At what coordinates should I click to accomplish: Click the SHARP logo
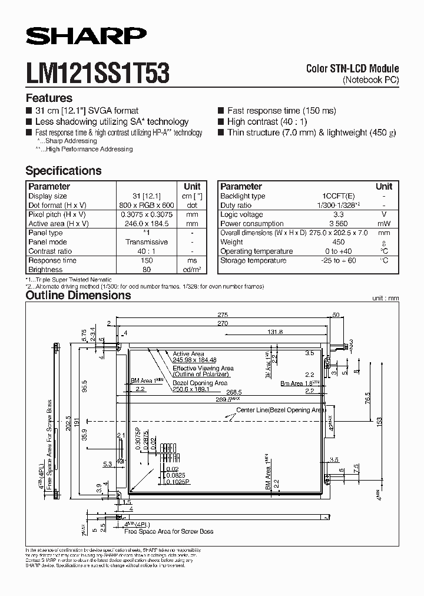pos(86,37)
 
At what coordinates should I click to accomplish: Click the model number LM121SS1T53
pos(98,75)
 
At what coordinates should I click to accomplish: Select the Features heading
pos(49,98)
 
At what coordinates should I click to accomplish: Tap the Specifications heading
pos(64,171)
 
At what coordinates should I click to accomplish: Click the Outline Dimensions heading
pos(78,295)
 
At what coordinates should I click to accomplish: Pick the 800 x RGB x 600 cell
pos(147,205)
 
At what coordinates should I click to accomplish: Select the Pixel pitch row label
pos(58,214)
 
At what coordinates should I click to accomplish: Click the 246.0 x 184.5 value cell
pos(147,224)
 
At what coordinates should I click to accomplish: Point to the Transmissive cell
pos(147,242)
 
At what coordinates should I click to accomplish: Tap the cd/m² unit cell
pos(192,270)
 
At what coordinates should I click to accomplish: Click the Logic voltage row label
pos(241,214)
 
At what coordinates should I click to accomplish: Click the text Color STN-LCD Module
pos(352,69)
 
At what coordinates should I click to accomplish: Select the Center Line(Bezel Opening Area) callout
pos(280,410)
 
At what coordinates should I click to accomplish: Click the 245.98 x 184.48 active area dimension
pos(195,360)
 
